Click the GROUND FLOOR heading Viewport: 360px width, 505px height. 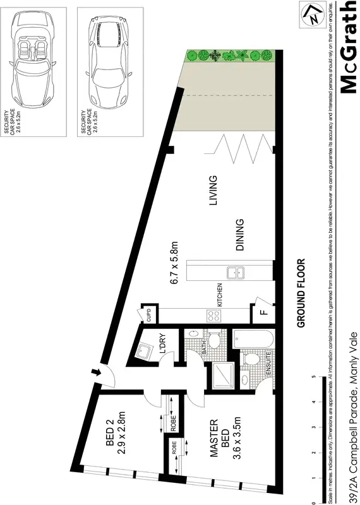coord(301,294)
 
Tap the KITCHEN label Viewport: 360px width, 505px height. coord(220,295)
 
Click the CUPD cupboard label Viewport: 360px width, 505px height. coord(148,314)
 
